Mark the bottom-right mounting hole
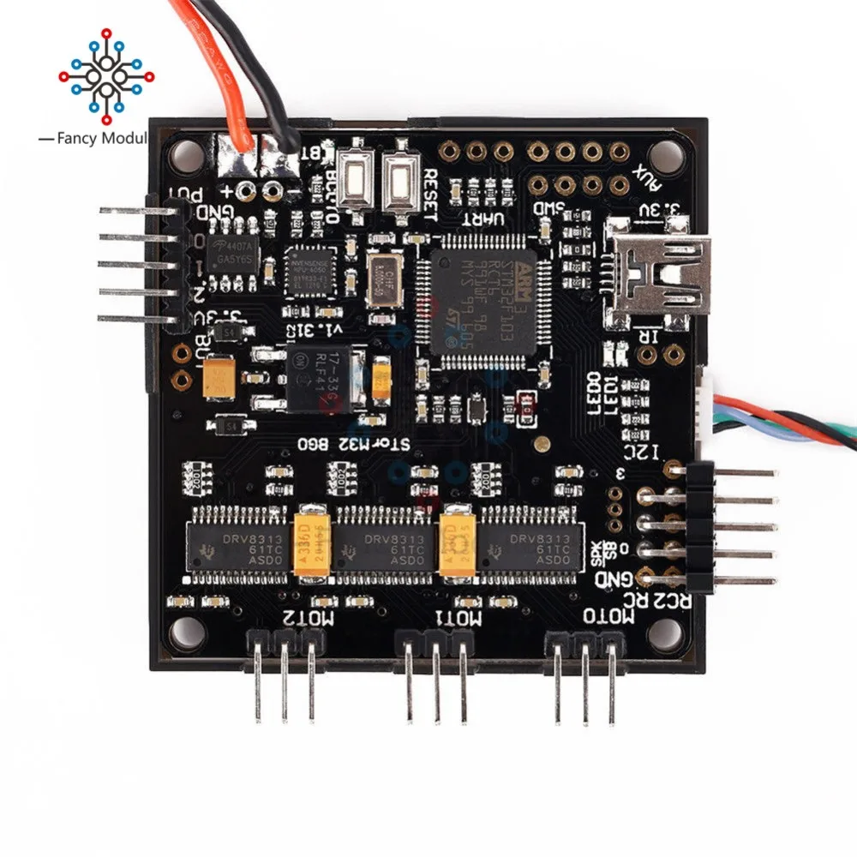(x=668, y=632)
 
